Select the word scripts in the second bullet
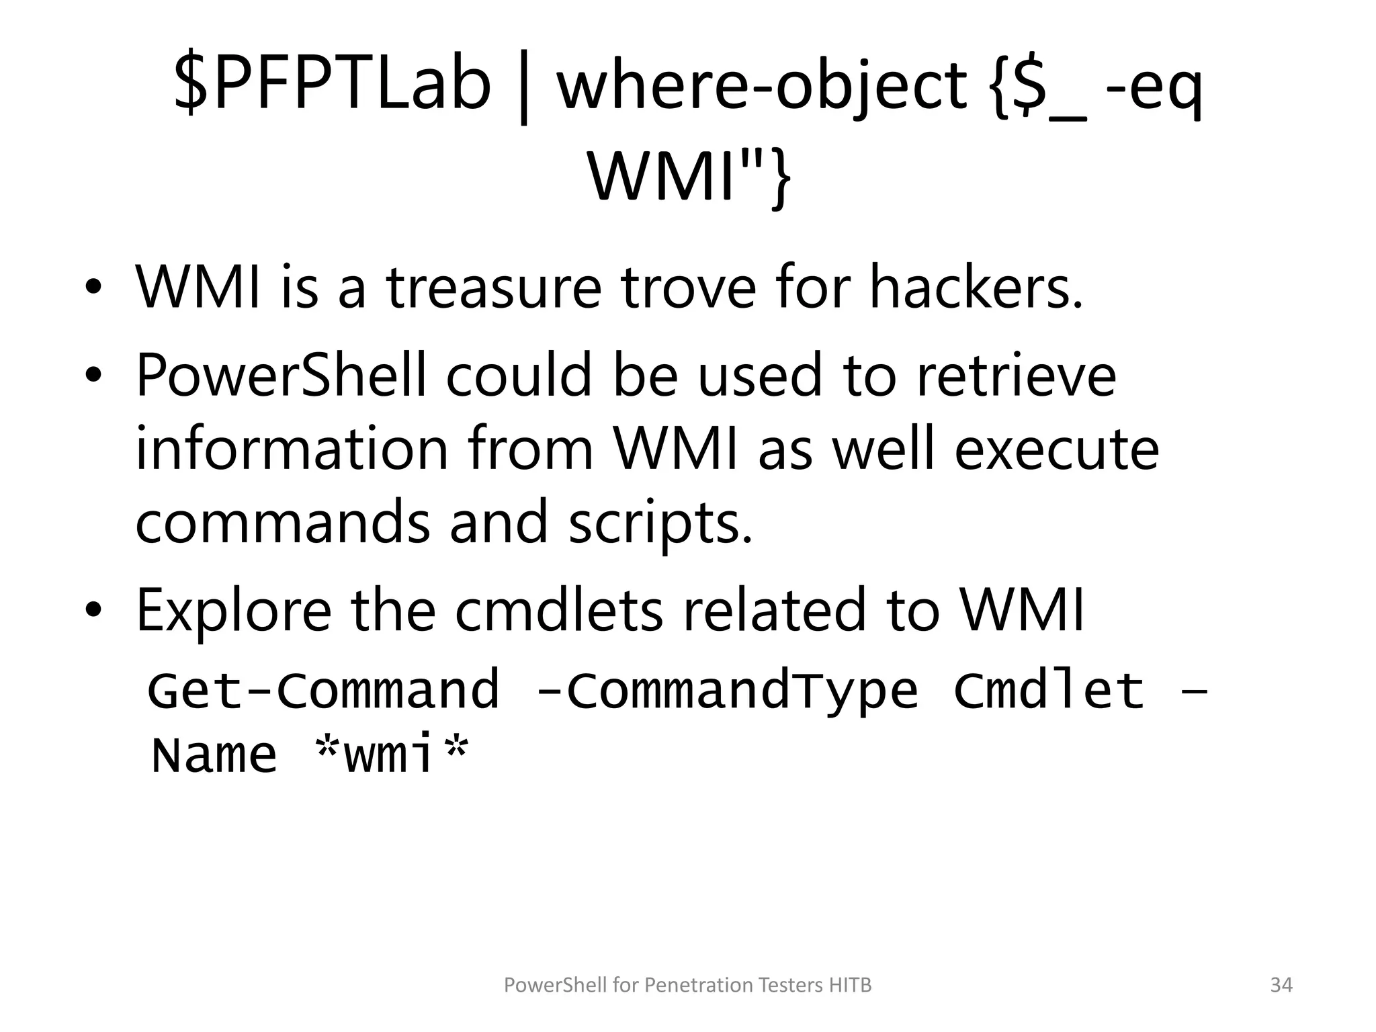tap(660, 524)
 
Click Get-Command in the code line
tap(324, 691)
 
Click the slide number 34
tap(1281, 985)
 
